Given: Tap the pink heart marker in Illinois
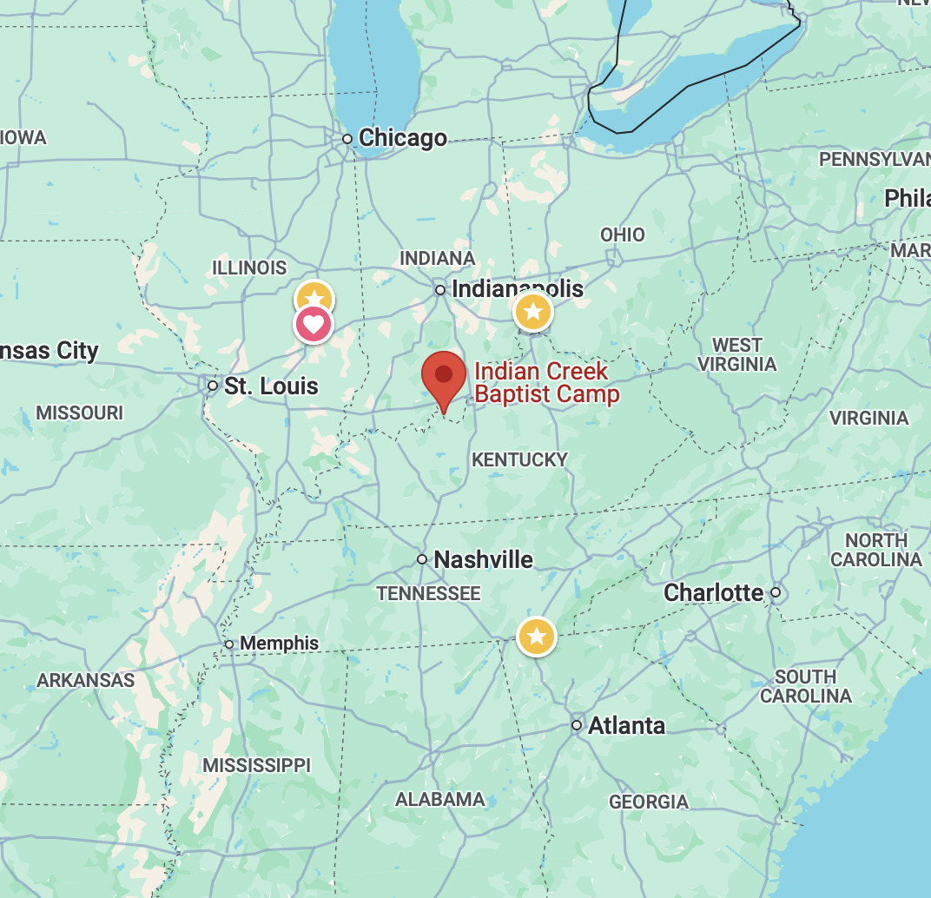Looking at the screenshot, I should pos(314,326).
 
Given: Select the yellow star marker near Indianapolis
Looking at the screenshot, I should pos(532,311).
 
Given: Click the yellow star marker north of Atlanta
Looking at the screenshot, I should pos(537,637).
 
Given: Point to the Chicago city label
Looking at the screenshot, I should pos(403,138).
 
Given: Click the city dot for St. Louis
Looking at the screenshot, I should pos(213,385).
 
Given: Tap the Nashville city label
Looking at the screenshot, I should pos(483,559).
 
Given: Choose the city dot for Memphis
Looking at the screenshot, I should pos(229,644).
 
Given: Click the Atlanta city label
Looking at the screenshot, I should pos(626,725).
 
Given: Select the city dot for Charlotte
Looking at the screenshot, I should pos(776,593).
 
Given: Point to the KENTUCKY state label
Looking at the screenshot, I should pos(519,459).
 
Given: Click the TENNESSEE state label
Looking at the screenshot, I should pos(428,593).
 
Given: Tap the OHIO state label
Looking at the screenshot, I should pos(623,234).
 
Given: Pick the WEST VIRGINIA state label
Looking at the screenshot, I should pos(736,354).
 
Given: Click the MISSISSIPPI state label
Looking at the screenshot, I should pos(256,765).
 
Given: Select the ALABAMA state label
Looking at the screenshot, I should pos(440,799).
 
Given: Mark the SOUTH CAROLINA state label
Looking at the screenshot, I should pos(806,686).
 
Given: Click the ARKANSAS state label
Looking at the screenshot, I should pos(86,680).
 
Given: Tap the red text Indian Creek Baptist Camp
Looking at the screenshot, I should pos(547,383).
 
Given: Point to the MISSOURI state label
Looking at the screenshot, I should pos(80,413).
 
